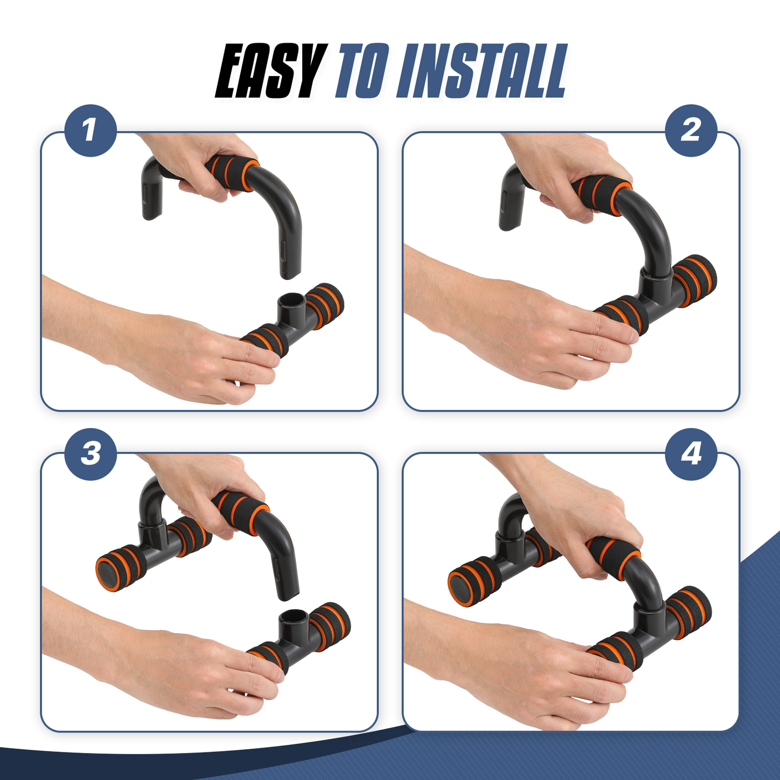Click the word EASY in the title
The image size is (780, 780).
coord(270,71)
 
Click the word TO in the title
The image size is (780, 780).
coord(362,71)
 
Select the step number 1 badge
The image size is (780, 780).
coord(91,131)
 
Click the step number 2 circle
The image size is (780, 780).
coord(691,131)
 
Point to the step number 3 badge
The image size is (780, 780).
coord(91,454)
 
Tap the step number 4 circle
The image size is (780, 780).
coord(691,454)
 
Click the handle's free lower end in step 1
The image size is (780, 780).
coord(290,267)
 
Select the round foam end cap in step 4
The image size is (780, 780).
coord(465,582)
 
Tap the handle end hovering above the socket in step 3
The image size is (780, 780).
coord(287,583)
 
